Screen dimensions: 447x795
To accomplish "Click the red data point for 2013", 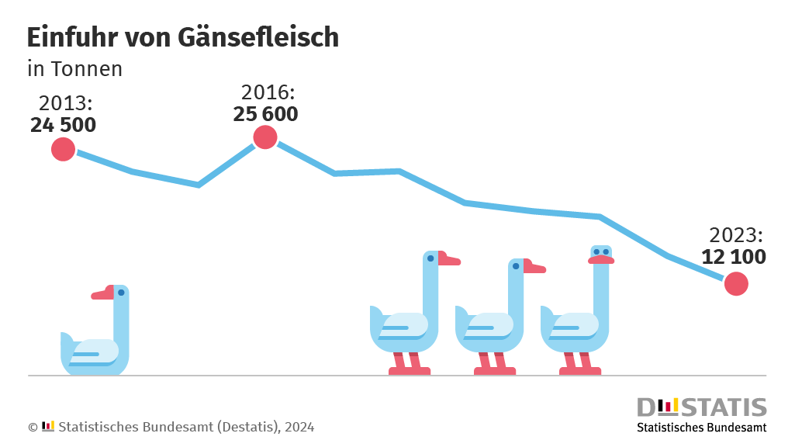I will (63, 149).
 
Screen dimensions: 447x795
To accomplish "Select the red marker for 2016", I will (265, 137).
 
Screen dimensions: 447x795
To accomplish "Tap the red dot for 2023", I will (736, 284).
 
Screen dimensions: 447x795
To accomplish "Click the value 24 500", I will (64, 125).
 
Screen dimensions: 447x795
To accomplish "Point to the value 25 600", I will (265, 114).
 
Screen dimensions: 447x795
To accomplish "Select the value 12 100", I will (734, 257).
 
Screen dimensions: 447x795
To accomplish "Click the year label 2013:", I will (66, 103).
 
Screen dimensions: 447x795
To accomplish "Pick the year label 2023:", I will (737, 235).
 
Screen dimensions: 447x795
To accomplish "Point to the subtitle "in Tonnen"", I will (74, 69).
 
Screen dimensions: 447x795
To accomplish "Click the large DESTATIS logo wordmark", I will (701, 407).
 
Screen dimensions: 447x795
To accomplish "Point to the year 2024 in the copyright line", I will (299, 427).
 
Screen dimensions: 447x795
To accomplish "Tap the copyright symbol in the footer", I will (33, 427).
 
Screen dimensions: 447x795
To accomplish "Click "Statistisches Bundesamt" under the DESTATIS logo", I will (701, 428).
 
